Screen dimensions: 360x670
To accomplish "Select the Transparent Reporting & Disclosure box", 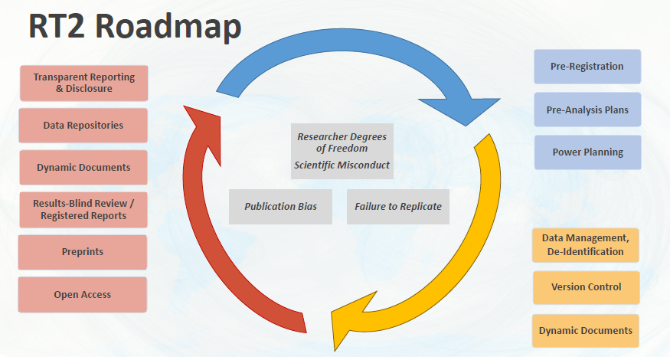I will point(83,83).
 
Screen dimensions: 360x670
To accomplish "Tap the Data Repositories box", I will point(83,125).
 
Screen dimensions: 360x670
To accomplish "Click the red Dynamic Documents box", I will point(83,167).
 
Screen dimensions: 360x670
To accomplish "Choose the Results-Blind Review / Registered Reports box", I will point(83,209).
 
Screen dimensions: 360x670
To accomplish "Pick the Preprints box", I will point(83,251).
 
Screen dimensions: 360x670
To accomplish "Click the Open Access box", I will point(83,294).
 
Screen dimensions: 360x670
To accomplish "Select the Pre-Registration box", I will point(587,67).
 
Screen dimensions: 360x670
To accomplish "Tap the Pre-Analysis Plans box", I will point(587,110).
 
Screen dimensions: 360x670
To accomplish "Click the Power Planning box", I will point(587,152).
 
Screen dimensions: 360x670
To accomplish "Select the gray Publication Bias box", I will point(280,207).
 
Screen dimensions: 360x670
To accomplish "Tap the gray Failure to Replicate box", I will point(398,207).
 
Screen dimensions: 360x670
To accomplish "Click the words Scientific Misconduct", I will point(342,165).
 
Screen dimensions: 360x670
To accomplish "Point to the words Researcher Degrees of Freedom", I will point(342,142).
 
